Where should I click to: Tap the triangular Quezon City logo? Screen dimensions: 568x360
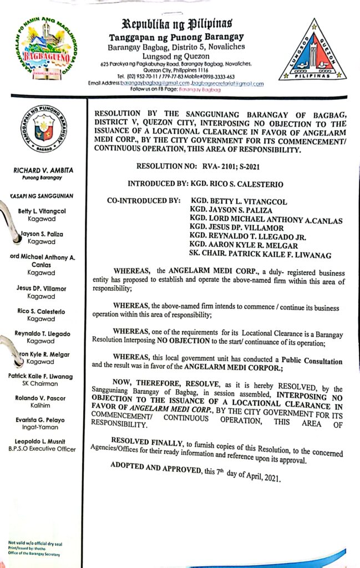pyautogui.click(x=313, y=52)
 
